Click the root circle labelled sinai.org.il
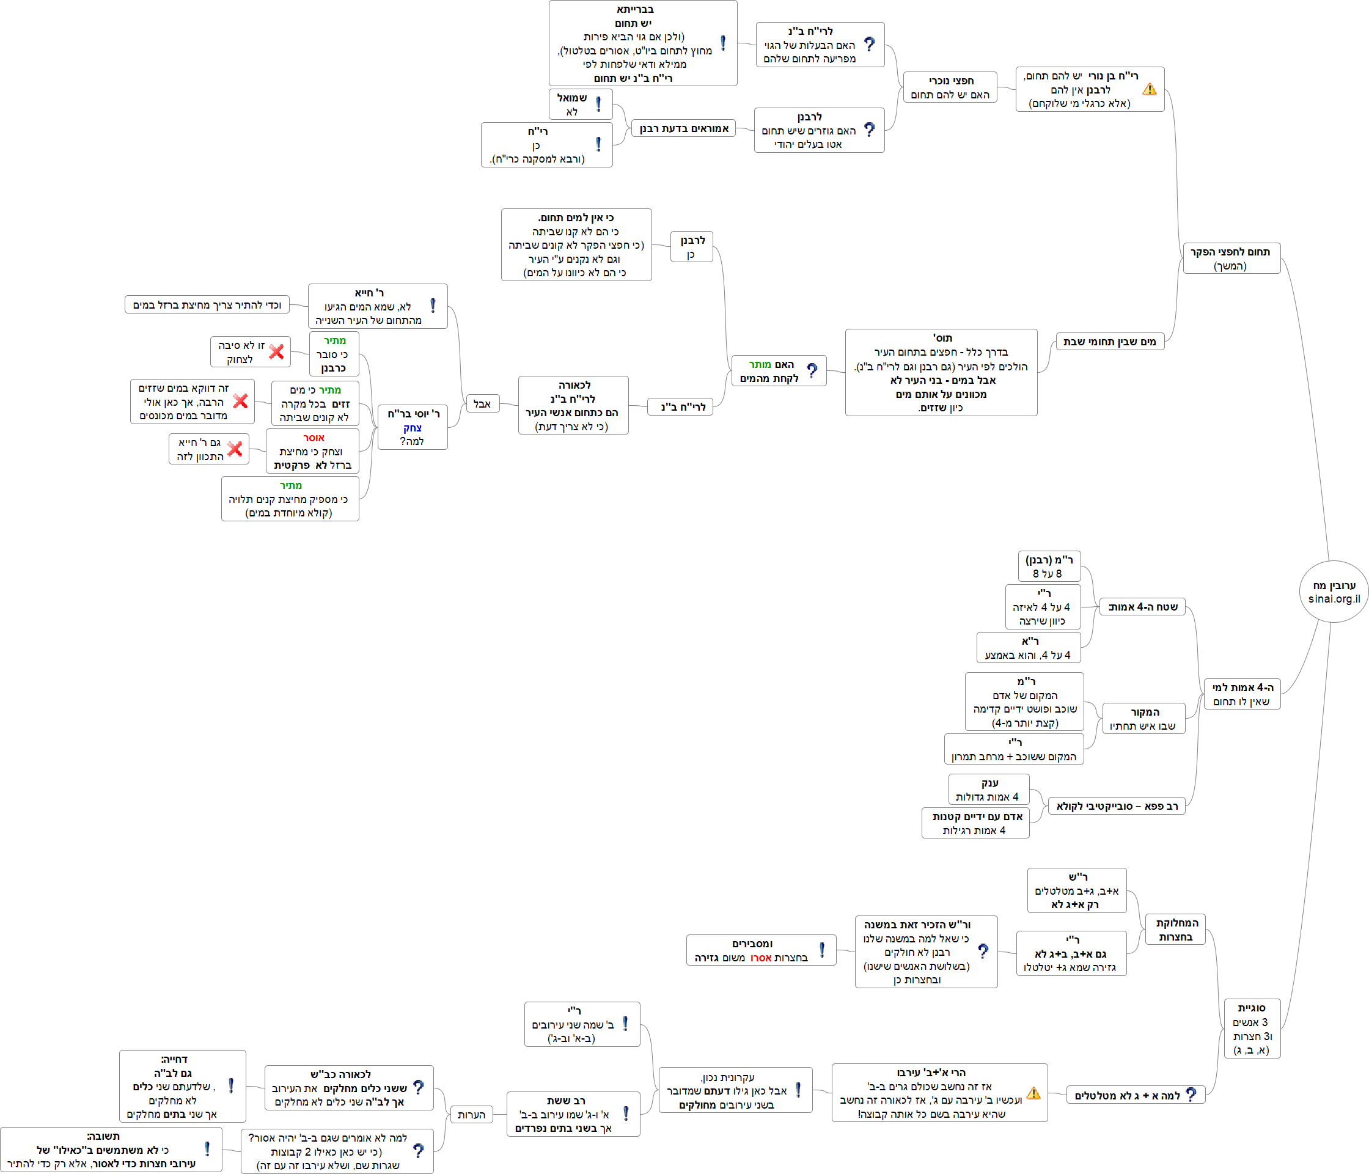(x=1334, y=592)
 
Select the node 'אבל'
(x=482, y=404)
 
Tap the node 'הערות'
(x=471, y=1115)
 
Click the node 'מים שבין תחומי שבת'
(x=1109, y=342)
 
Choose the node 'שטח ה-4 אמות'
(x=1142, y=606)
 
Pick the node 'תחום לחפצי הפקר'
(x=1231, y=259)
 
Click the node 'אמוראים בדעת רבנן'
(x=684, y=128)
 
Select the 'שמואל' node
(x=580, y=105)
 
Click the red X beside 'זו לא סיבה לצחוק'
(x=276, y=351)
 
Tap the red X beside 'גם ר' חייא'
(x=235, y=449)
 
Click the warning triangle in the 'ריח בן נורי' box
(x=1150, y=89)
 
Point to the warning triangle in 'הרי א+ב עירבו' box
(x=1034, y=1093)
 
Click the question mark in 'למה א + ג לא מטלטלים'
(x=1191, y=1095)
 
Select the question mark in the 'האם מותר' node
(x=812, y=370)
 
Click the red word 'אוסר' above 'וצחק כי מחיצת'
(x=314, y=438)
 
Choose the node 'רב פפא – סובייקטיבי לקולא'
(x=1117, y=806)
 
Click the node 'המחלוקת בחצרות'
(x=1176, y=930)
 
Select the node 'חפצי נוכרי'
(x=950, y=87)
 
